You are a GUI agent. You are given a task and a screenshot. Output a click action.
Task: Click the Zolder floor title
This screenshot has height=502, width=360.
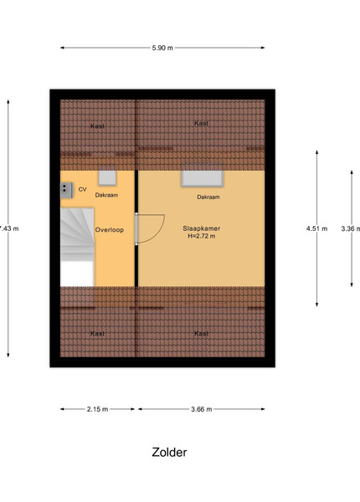coord(169,452)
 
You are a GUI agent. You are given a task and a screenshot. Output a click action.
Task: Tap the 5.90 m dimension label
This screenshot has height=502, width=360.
coord(162,48)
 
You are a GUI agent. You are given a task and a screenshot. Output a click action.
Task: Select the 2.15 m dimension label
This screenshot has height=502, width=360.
coord(97,409)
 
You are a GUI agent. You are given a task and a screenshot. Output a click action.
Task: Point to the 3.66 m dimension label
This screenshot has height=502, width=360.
coord(202,409)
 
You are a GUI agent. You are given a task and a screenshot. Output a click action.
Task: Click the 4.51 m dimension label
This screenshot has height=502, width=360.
coord(316,228)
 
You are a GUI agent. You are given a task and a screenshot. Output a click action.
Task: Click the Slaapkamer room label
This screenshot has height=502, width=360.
coord(202,228)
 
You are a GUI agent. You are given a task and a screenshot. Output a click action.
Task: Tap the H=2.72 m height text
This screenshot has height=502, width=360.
coord(202,236)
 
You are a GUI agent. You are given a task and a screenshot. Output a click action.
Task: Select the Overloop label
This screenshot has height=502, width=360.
coord(109,230)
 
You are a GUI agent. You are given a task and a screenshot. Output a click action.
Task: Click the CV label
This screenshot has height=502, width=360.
coord(82,190)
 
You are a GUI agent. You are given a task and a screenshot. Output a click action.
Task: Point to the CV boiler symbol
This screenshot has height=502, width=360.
coord(67,190)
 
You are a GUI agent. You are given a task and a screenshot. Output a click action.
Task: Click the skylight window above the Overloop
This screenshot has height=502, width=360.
coord(107,178)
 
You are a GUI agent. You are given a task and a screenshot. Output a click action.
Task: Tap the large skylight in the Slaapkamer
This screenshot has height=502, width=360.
coord(203,178)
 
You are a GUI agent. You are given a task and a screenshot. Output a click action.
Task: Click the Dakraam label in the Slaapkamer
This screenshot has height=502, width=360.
coord(208,197)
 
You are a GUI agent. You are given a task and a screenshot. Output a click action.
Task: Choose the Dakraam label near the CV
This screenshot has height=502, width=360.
coord(106,195)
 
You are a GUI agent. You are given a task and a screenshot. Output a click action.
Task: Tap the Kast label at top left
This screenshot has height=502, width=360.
coord(97,126)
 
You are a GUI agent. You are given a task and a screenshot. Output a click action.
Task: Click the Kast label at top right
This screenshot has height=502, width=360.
coord(202,123)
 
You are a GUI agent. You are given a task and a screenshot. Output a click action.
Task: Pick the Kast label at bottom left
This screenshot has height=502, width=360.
coord(97,334)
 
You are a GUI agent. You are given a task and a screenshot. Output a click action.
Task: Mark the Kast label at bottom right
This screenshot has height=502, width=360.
coord(202,334)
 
